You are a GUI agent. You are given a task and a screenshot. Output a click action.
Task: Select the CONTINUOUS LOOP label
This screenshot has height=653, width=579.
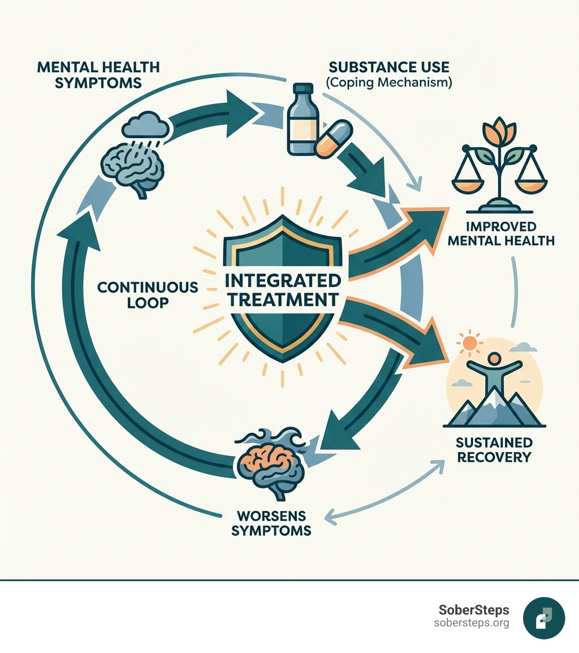[x=148, y=294]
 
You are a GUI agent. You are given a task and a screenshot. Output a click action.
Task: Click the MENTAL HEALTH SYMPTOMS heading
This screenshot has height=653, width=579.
[x=98, y=75]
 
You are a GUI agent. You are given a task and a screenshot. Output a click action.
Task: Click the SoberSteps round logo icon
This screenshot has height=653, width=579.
[x=543, y=617]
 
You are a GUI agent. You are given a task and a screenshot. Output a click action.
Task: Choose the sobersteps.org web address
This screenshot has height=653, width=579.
[x=471, y=623]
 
